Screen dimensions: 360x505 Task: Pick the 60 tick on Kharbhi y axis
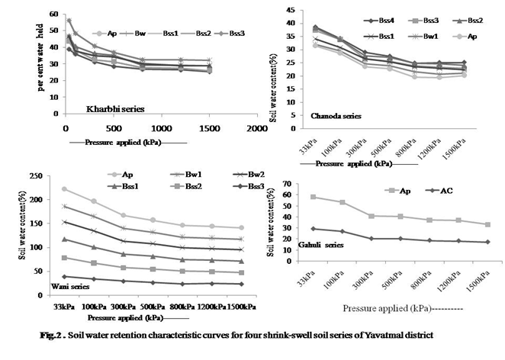[54, 14]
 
